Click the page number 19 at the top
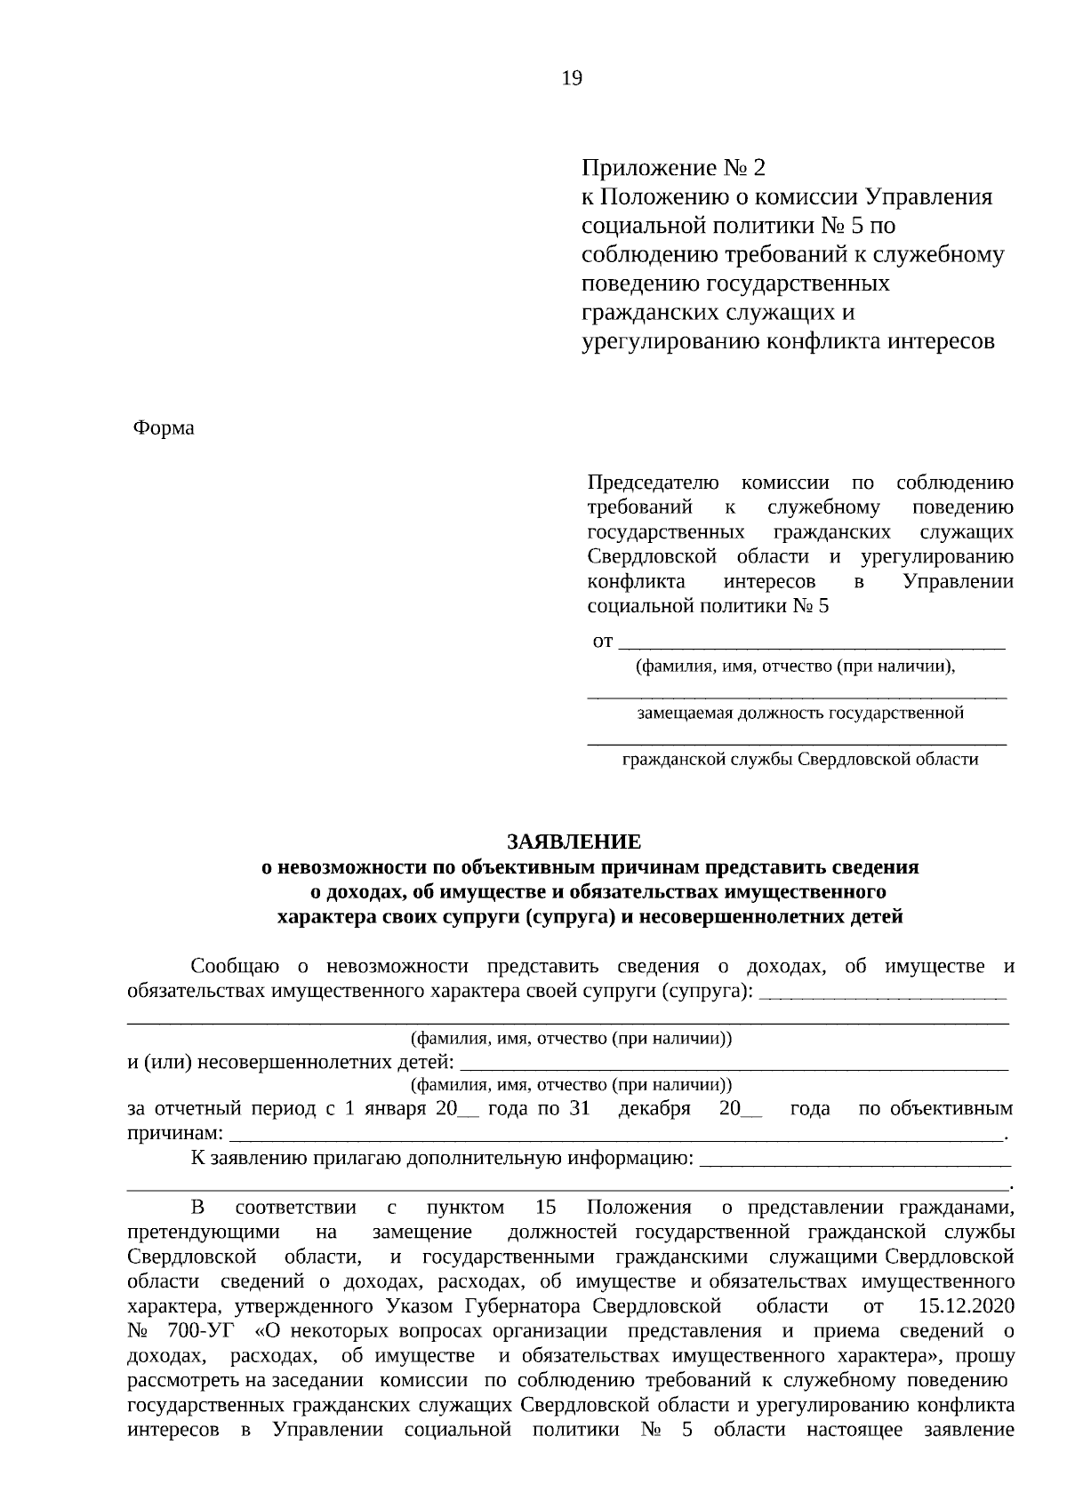572,79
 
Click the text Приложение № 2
673,167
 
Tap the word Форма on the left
164,428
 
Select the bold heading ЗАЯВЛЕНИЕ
574,842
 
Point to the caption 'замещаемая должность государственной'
800,713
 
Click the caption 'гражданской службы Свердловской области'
800,759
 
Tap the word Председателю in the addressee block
653,483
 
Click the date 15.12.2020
964,1306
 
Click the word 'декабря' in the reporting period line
654,1109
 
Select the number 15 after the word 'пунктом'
546,1208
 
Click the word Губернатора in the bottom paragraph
524,1306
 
